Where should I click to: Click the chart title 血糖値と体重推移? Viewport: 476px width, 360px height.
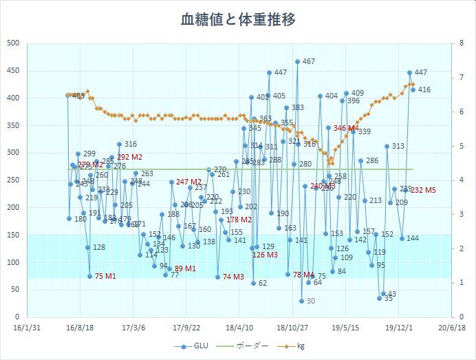tap(238, 20)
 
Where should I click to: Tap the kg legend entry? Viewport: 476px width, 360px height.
tap(300, 347)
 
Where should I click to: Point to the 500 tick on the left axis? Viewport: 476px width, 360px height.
tap(12, 43)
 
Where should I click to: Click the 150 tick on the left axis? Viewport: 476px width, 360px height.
tap(12, 235)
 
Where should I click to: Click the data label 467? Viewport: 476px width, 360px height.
tap(308, 62)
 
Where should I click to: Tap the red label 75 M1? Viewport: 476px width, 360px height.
tap(105, 276)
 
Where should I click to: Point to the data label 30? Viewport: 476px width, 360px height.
tap(310, 301)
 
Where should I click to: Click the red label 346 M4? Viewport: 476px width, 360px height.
tap(346, 129)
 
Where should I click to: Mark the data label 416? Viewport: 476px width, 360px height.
tap(424, 89)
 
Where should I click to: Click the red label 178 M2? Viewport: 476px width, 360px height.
tap(239, 220)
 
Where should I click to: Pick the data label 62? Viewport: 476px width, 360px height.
tap(262, 284)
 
